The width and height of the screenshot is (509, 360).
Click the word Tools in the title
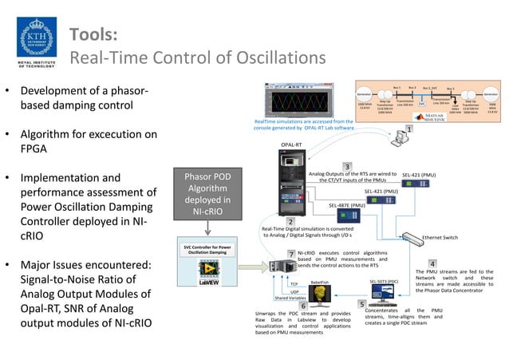pyautogui.click(x=93, y=34)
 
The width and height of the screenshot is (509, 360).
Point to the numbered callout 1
pyautogui.click(x=409, y=129)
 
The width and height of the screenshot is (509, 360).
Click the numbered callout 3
pyautogui.click(x=346, y=165)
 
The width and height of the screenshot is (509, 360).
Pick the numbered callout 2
pyautogui.click(x=290, y=221)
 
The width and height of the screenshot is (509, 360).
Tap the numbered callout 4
pyautogui.click(x=432, y=263)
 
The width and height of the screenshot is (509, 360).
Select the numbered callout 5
pyautogui.click(x=361, y=303)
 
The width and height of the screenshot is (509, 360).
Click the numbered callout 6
pyautogui.click(x=302, y=305)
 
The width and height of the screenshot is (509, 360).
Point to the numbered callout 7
pyautogui.click(x=292, y=254)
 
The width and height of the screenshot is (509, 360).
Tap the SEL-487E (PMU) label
pyautogui.click(x=347, y=205)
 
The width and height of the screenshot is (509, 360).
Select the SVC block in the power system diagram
pyautogui.click(x=422, y=104)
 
